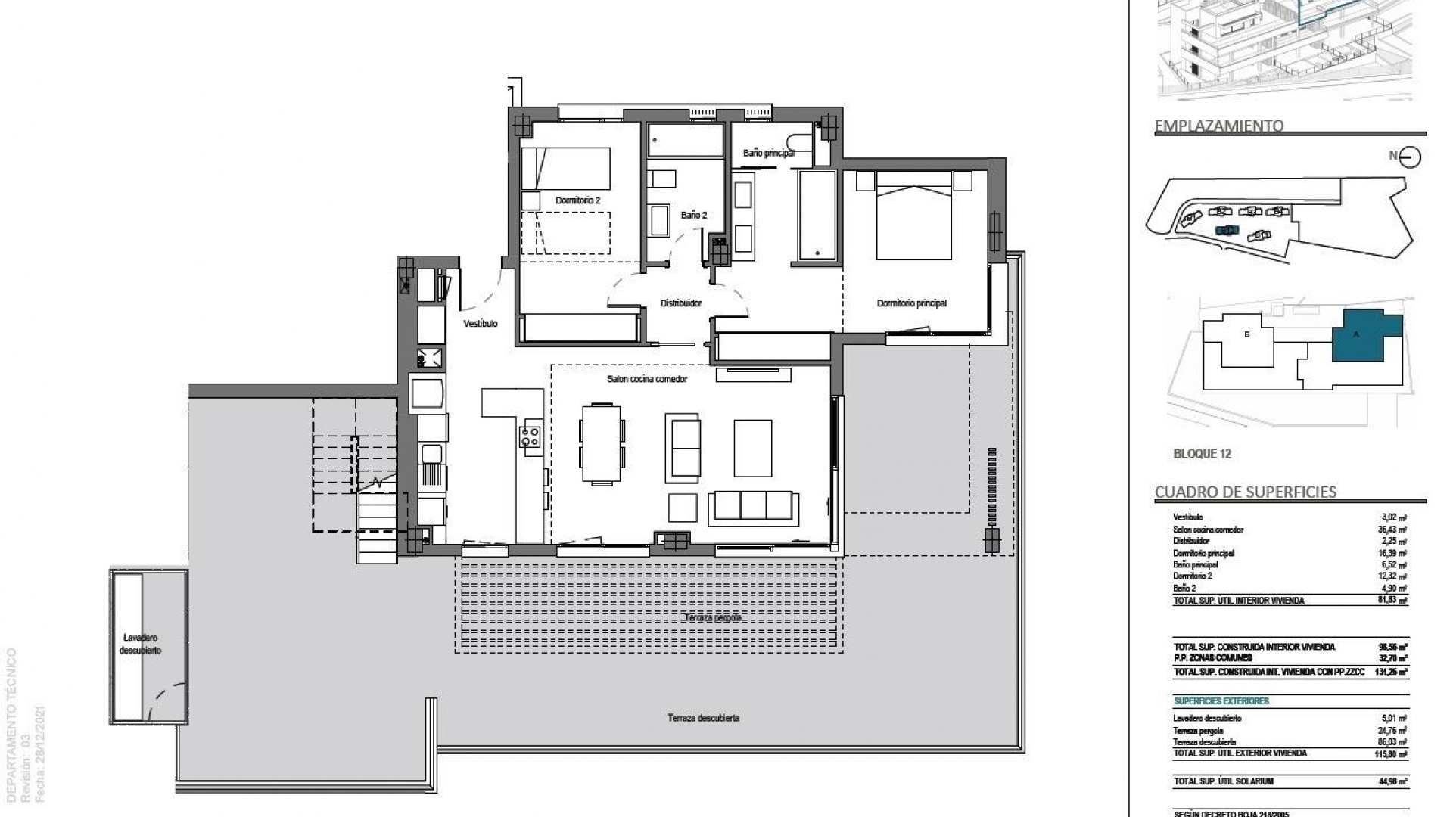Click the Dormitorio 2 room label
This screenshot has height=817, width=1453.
[x=577, y=200]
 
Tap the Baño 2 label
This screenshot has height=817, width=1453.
[x=693, y=215]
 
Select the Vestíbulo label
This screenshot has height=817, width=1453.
[x=481, y=324]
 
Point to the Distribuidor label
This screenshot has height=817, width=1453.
[x=681, y=303]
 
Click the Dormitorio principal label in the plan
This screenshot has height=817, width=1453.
[x=911, y=303]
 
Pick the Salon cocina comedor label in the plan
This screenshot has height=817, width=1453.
[x=647, y=379]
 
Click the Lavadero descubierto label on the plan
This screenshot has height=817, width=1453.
[x=141, y=644]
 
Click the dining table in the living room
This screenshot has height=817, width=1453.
[x=602, y=444]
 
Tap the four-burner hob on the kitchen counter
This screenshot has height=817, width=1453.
[x=530, y=437]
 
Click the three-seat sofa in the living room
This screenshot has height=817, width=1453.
[x=753, y=505]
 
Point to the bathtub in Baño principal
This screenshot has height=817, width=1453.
[x=817, y=216]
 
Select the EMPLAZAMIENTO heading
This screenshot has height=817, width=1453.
[x=1218, y=126]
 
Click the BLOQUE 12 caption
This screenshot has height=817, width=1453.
[x=1202, y=454]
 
